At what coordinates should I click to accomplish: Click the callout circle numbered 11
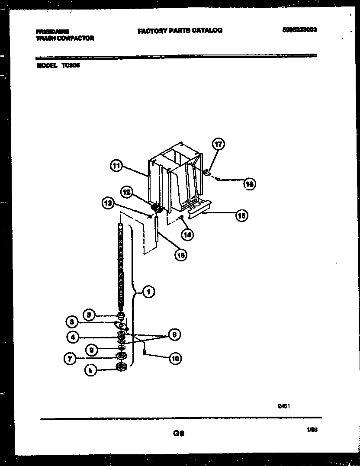point(116,166)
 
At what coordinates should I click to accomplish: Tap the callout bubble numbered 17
point(218,144)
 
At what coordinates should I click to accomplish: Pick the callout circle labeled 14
point(187,235)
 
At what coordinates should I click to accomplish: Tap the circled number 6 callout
point(174,334)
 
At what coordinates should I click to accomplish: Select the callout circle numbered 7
point(72,358)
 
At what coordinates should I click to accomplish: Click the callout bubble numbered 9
point(91,349)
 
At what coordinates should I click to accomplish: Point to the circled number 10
point(175,358)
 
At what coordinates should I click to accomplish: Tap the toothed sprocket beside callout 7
point(120,356)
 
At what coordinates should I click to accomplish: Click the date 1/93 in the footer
point(312,429)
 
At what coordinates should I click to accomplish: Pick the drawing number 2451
point(283,406)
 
